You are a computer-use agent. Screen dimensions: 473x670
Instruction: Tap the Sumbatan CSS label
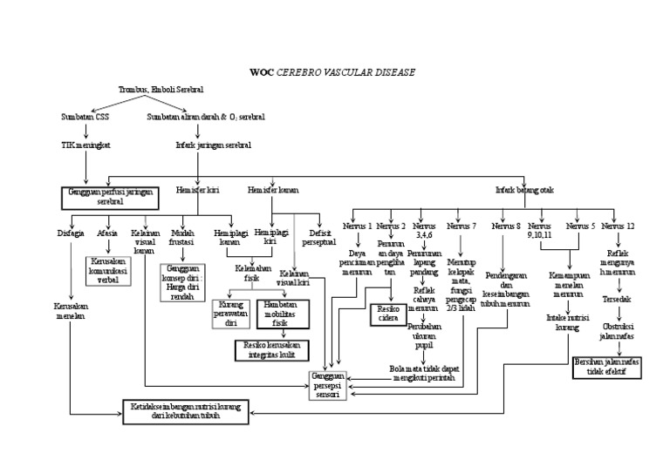[85, 116]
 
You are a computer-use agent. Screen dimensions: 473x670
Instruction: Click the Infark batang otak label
[524, 190]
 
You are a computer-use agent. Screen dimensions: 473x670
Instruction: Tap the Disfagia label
[71, 233]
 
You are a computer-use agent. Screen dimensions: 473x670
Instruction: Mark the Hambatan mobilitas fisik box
[279, 314]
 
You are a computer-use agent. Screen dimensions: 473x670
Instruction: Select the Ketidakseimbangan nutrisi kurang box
[187, 411]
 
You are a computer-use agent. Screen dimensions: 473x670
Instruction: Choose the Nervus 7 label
[462, 226]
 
